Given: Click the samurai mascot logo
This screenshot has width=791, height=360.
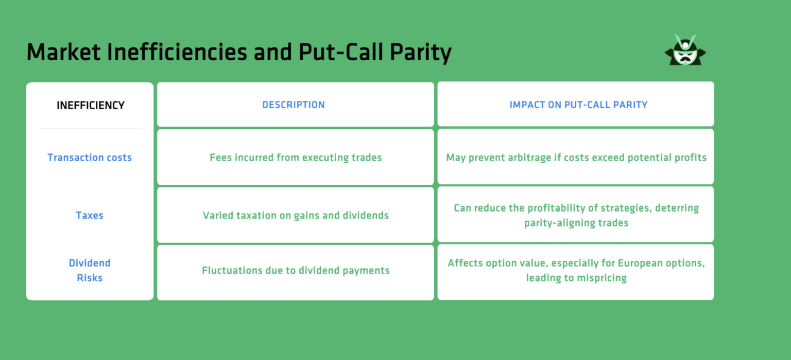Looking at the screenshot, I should point(685,50).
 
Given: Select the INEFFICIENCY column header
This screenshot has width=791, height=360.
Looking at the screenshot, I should point(91,106).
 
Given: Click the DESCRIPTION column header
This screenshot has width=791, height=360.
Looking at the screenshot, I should point(294,105).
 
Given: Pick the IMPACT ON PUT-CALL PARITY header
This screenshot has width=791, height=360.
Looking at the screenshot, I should point(578,105).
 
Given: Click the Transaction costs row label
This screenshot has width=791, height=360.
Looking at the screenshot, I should point(90,158).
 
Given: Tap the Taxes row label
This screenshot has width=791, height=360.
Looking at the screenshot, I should point(90,215).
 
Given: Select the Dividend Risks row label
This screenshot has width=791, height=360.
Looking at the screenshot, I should point(90,270).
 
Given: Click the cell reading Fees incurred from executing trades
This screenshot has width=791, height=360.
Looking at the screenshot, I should point(296,158).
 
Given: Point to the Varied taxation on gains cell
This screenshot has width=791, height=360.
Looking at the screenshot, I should point(296,215).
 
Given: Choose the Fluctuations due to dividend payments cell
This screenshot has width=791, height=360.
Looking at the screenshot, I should point(296,270).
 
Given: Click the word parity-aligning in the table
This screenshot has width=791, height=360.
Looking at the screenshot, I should point(558,224).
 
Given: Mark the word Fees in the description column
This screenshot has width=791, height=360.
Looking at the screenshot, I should point(221,158).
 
